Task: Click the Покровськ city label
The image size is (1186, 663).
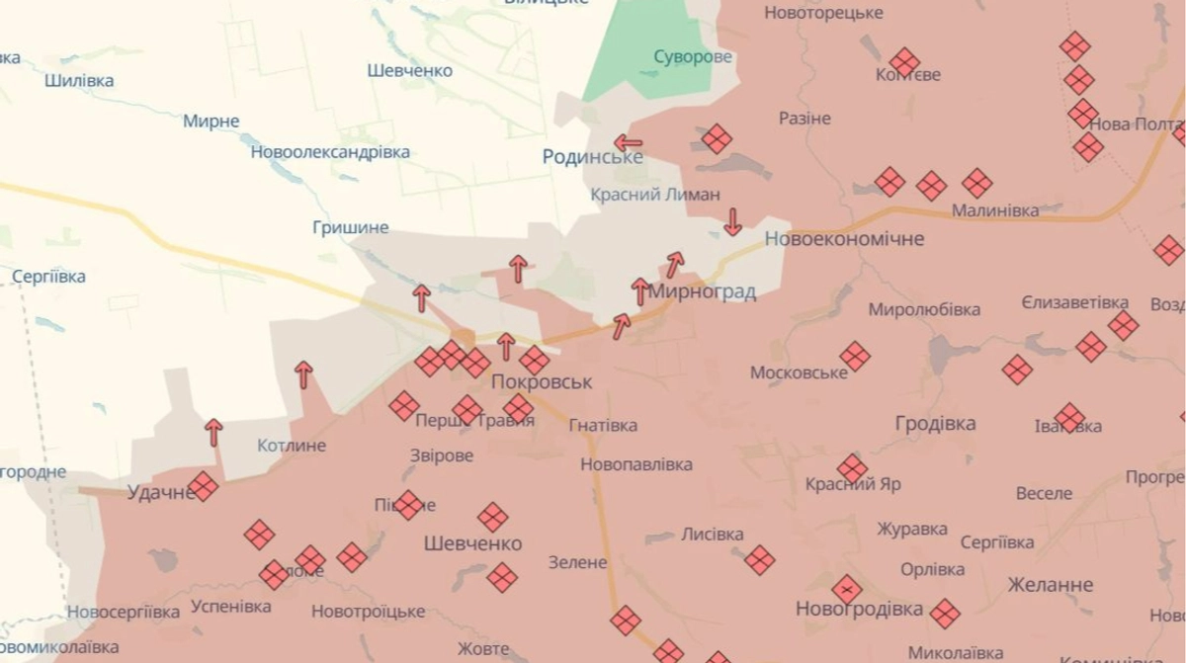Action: (x=542, y=381)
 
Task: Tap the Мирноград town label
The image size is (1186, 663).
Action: (x=703, y=291)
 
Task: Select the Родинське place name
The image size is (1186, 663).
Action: (x=592, y=157)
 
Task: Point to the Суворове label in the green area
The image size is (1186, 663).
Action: (x=693, y=56)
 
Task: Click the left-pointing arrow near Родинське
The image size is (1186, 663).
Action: (x=628, y=143)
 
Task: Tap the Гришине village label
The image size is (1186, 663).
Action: (x=350, y=227)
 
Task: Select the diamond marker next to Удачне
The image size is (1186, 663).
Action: (x=204, y=486)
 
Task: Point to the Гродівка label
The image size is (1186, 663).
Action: (x=935, y=424)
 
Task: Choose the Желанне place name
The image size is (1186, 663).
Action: (x=1050, y=585)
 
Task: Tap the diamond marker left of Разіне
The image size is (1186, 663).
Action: (x=717, y=138)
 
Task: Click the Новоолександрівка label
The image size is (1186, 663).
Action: (x=330, y=152)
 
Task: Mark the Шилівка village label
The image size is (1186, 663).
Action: (x=79, y=81)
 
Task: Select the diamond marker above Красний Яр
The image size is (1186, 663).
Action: (x=852, y=468)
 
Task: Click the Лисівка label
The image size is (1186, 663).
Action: (x=712, y=535)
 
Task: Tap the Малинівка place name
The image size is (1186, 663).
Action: (x=994, y=210)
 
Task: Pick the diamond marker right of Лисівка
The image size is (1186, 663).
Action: (x=759, y=560)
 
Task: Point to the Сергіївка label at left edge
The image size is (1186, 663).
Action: (x=48, y=277)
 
